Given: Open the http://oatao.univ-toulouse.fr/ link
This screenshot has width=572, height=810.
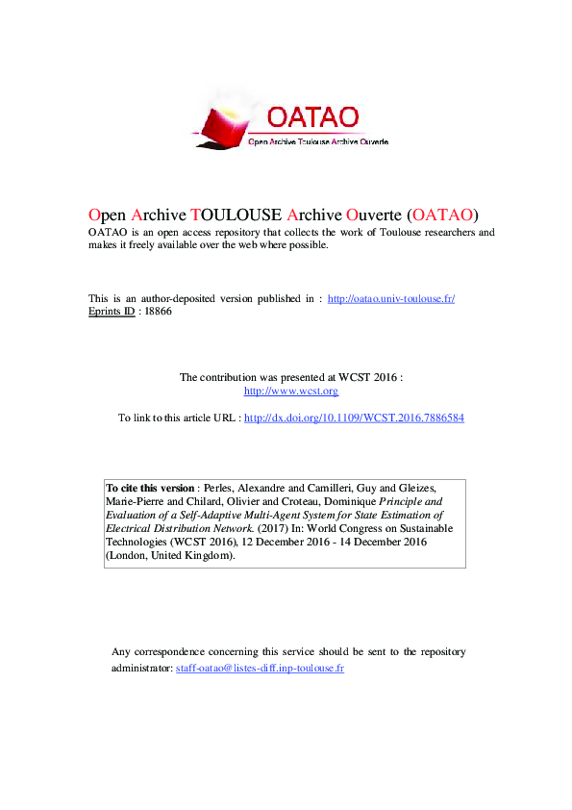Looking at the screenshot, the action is click(x=391, y=298).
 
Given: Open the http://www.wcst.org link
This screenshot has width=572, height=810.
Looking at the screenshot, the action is click(x=291, y=391).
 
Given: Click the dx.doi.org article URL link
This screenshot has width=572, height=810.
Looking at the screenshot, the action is click(x=355, y=418).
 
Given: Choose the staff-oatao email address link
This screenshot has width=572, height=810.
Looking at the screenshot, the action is click(x=260, y=667).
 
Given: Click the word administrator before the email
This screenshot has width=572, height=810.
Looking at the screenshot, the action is click(x=142, y=667).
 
